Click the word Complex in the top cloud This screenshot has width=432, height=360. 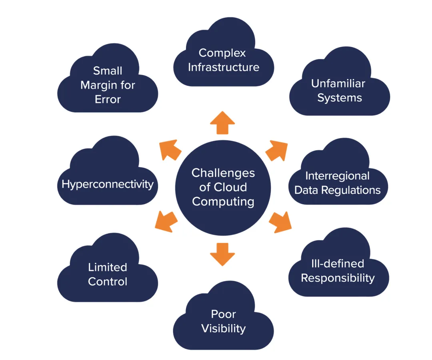(x=222, y=53)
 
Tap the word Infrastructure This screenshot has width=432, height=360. (x=224, y=67)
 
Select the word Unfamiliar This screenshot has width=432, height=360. (x=338, y=84)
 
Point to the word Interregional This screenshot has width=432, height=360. (x=338, y=176)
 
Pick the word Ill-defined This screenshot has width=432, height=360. (x=338, y=264)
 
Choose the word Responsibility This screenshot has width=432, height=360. (x=338, y=278)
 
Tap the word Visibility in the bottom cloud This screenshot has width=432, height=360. (x=223, y=328)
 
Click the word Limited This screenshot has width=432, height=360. (x=108, y=267)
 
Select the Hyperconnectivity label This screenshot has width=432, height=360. (x=108, y=184)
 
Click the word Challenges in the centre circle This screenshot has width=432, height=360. (x=223, y=173)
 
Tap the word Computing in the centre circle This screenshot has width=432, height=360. (x=223, y=201)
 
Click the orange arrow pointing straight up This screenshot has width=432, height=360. (x=222, y=123)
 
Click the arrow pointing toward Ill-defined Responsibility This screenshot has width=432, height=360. (x=280, y=223)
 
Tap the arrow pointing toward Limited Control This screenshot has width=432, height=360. (x=166, y=221)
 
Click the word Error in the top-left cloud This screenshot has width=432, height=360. (x=108, y=99)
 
